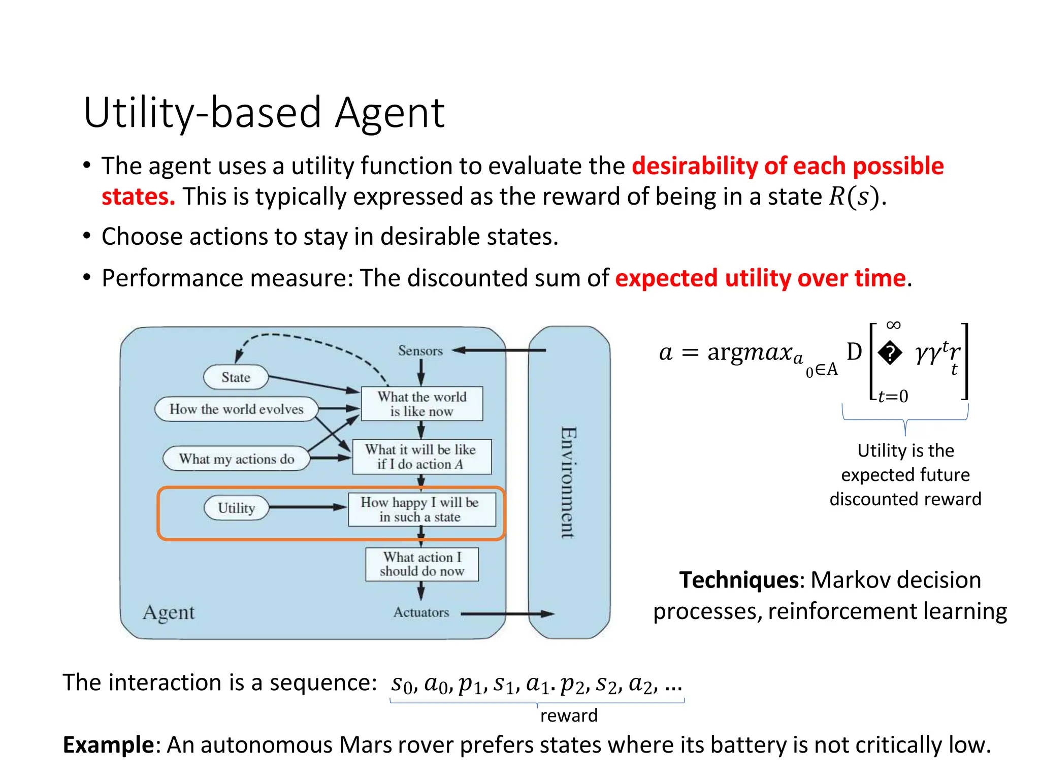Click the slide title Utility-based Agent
click(x=264, y=113)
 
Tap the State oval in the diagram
click(x=236, y=377)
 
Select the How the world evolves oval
click(x=236, y=409)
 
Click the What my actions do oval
click(x=236, y=459)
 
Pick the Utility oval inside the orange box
click(x=236, y=508)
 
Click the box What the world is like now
click(x=421, y=404)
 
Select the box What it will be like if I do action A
click(x=421, y=457)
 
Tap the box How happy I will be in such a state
click(x=421, y=509)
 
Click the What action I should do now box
click(x=421, y=564)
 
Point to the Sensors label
click(x=420, y=351)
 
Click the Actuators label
click(x=421, y=612)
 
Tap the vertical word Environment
click(x=568, y=482)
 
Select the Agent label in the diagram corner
click(x=169, y=612)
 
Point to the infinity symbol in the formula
click(x=893, y=325)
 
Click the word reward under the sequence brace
click(x=569, y=716)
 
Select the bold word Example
click(x=108, y=745)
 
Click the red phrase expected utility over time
click(x=760, y=278)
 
